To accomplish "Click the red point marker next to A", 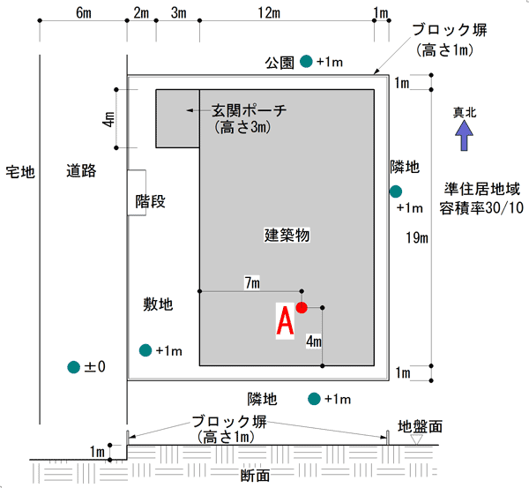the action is coord(302,308).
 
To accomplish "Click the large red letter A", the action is coord(285,320).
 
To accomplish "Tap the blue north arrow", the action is coord(465,135).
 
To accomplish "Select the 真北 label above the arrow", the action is coord(465,112).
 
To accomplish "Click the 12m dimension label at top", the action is coord(269,13).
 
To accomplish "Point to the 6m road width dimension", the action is coord(84,13).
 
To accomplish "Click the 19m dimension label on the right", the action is coord(417,237).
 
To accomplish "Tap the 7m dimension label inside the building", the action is coord(252,282).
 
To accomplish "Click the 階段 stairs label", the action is coord(151,201).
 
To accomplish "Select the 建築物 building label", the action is coord(287,235).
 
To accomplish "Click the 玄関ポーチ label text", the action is coord(249,110).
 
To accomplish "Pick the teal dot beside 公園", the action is coord(306,61).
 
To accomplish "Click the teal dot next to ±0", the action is coord(73,367).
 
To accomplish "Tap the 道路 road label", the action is coord(81,171).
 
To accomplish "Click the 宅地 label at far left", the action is coord(20,172).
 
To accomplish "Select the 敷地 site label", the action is coord(158,304).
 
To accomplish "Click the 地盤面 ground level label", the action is coord(420,426).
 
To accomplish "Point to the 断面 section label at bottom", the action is coord(255,476).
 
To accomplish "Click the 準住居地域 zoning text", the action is coord(481,189).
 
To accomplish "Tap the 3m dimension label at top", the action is coord(178,13).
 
